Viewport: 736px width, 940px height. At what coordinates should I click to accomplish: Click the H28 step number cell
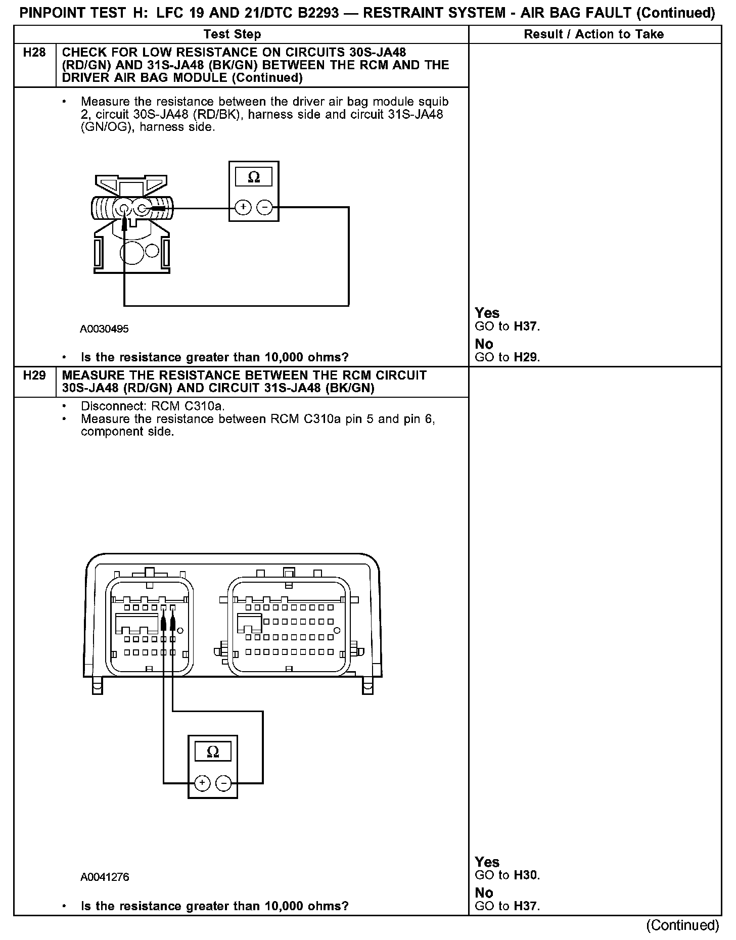(x=34, y=53)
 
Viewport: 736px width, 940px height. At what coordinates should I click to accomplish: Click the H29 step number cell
(x=34, y=375)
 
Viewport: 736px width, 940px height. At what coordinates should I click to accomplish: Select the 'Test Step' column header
(x=233, y=34)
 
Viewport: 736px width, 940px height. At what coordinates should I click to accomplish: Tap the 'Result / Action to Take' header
(x=594, y=34)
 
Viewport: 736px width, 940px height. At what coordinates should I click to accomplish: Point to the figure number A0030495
(x=104, y=329)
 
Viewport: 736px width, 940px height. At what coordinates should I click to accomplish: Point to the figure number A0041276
(x=105, y=877)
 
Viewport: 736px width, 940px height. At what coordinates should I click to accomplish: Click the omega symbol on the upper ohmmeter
(x=254, y=177)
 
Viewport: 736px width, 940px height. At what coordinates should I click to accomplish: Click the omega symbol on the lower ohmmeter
(x=213, y=751)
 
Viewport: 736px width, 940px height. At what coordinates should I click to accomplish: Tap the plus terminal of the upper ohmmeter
(x=243, y=207)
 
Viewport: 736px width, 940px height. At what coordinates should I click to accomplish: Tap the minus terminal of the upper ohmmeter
(x=264, y=207)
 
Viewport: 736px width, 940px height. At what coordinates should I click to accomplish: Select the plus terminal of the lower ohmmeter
(x=202, y=783)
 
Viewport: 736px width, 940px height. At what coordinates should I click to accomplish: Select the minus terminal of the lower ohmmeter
(x=223, y=783)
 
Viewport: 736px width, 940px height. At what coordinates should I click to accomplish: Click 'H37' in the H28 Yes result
(x=525, y=326)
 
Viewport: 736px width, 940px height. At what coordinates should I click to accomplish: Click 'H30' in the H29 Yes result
(x=525, y=875)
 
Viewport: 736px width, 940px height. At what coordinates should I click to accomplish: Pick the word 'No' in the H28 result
(x=484, y=344)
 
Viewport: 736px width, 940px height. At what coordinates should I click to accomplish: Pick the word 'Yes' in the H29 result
(x=487, y=862)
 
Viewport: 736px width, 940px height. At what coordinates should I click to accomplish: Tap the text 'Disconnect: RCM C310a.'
(x=153, y=406)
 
